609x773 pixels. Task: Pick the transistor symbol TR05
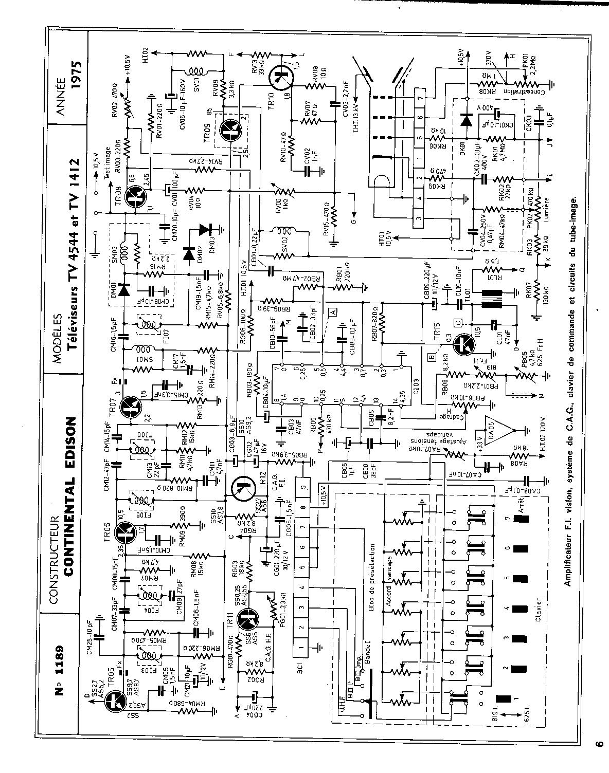[x=114, y=701]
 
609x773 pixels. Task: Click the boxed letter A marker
[x=333, y=311]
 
